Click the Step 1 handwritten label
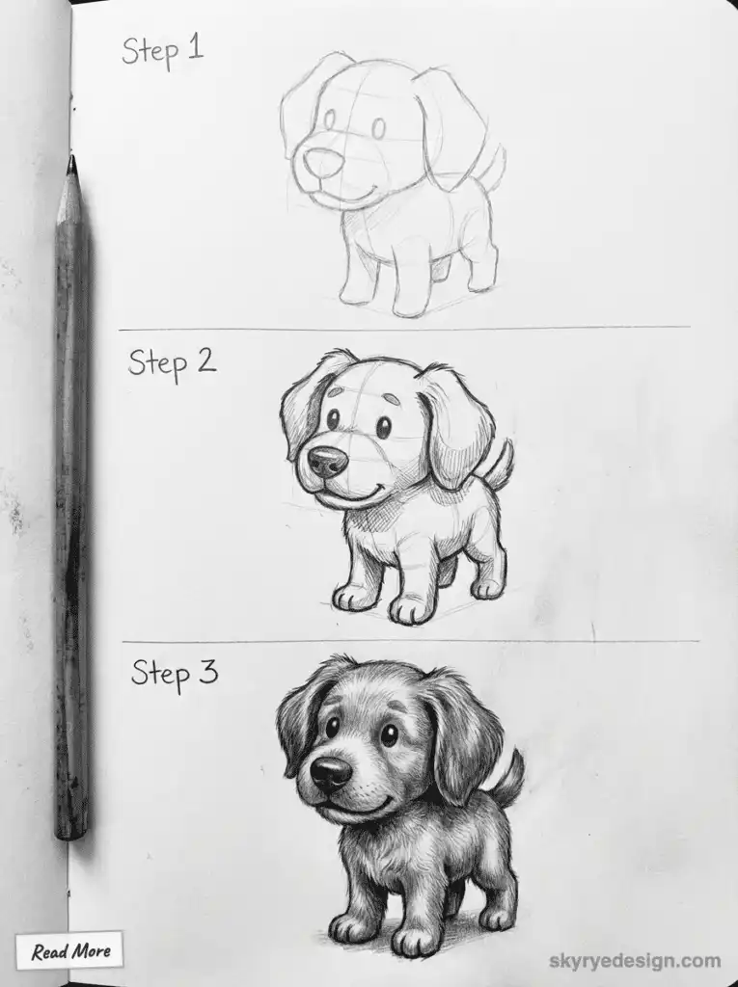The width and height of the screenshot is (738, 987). [x=162, y=49]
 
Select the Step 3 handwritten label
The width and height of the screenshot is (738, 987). [x=174, y=672]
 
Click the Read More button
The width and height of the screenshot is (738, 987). [x=69, y=951]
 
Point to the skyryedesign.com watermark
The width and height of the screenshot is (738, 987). [x=634, y=960]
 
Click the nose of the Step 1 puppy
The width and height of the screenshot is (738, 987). [x=317, y=161]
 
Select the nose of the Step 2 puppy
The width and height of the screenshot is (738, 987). [x=327, y=461]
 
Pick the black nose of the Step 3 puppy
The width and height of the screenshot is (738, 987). [x=330, y=772]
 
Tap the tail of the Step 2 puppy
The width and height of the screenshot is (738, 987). [x=499, y=463]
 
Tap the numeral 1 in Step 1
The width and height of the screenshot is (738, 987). [x=196, y=47]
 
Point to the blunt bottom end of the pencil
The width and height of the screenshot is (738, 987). [x=71, y=829]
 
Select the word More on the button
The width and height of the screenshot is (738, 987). [x=92, y=952]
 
